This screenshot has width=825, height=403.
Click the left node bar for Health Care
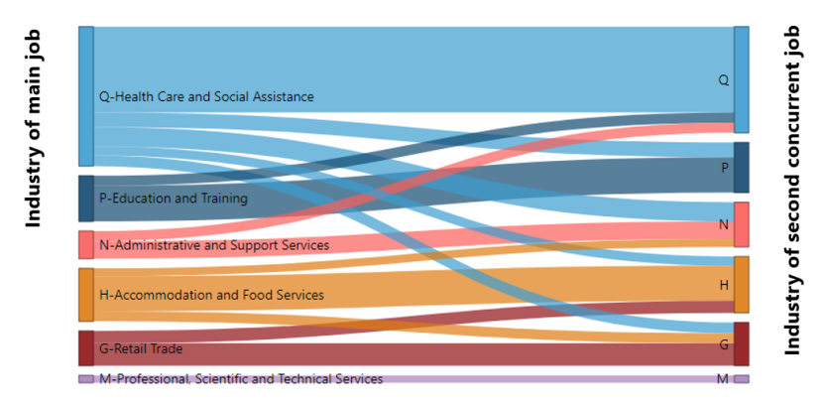pyautogui.click(x=86, y=96)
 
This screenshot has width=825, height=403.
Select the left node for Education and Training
pyautogui.click(x=86, y=199)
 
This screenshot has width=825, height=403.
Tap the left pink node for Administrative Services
pyautogui.click(x=86, y=244)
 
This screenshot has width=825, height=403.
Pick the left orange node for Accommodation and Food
pyautogui.click(x=86, y=295)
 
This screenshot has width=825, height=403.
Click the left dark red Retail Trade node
pyautogui.click(x=86, y=348)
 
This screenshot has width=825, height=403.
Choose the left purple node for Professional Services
pyautogui.click(x=86, y=379)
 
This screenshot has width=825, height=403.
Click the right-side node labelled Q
pyautogui.click(x=741, y=79)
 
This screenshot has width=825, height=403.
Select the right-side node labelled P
pyautogui.click(x=741, y=168)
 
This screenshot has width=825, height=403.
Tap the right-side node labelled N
pyautogui.click(x=741, y=224)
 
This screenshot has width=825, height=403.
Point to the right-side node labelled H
pyautogui.click(x=741, y=285)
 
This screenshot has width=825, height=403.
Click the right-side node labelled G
pyautogui.click(x=741, y=344)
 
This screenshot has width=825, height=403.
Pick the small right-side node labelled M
pyautogui.click(x=741, y=379)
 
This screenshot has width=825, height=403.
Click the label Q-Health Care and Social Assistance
pyautogui.click(x=206, y=97)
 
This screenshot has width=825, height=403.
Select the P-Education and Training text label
pyautogui.click(x=174, y=199)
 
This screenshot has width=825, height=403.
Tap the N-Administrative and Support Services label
pyautogui.click(x=214, y=245)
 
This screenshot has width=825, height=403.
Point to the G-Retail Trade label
pyautogui.click(x=141, y=349)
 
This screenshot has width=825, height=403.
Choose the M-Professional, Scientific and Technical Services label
pyautogui.click(x=241, y=379)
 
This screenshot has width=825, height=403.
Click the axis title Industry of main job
pyautogui.click(x=34, y=130)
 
